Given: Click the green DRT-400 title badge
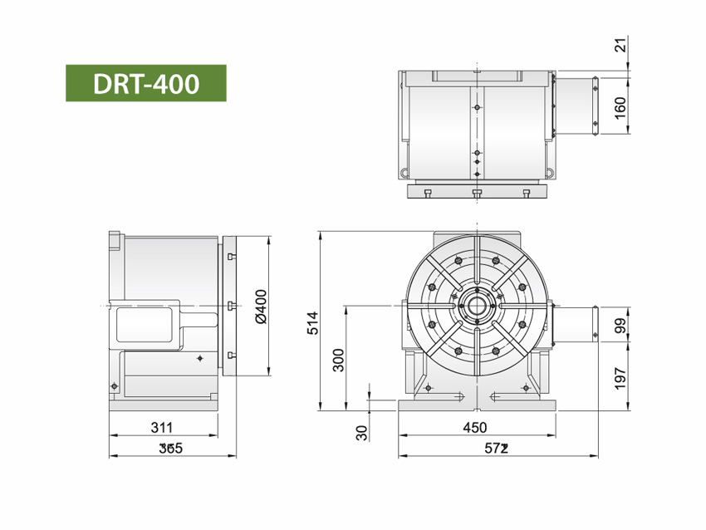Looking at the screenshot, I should (145, 83).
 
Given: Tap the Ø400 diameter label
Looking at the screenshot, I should (260, 307).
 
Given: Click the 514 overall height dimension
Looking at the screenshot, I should (312, 322).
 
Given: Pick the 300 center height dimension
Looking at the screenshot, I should (337, 359).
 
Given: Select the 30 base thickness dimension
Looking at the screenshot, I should (360, 432).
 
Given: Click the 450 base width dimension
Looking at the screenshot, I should (474, 428).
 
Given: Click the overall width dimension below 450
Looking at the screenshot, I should (497, 449).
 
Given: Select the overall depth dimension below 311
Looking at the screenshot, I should (170, 449).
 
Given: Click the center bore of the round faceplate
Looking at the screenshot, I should (476, 306).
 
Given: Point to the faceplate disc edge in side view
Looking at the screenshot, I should (229, 307).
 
